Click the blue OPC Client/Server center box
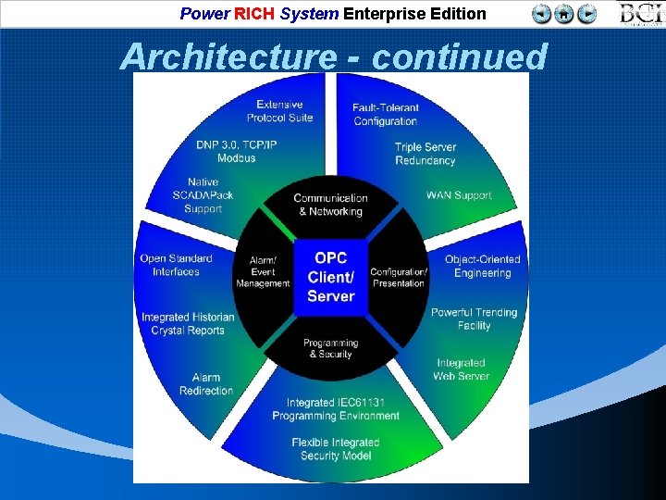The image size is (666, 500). (x=330, y=277)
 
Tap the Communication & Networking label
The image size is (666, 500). (x=330, y=205)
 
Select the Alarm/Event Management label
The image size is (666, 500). (x=263, y=272)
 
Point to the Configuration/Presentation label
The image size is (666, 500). (x=399, y=278)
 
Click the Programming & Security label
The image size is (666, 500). (x=330, y=348)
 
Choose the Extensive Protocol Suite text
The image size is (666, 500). (x=279, y=111)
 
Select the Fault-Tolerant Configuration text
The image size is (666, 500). (x=385, y=115)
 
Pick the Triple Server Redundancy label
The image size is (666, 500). (x=425, y=154)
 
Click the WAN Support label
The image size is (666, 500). (x=459, y=195)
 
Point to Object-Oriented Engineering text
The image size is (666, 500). (x=482, y=266)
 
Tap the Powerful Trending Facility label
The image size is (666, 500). (x=474, y=319)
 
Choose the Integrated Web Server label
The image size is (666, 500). (x=461, y=369)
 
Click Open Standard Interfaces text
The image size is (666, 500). (x=176, y=265)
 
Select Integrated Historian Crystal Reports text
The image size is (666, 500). (x=188, y=324)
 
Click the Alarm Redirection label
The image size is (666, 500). (x=206, y=384)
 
